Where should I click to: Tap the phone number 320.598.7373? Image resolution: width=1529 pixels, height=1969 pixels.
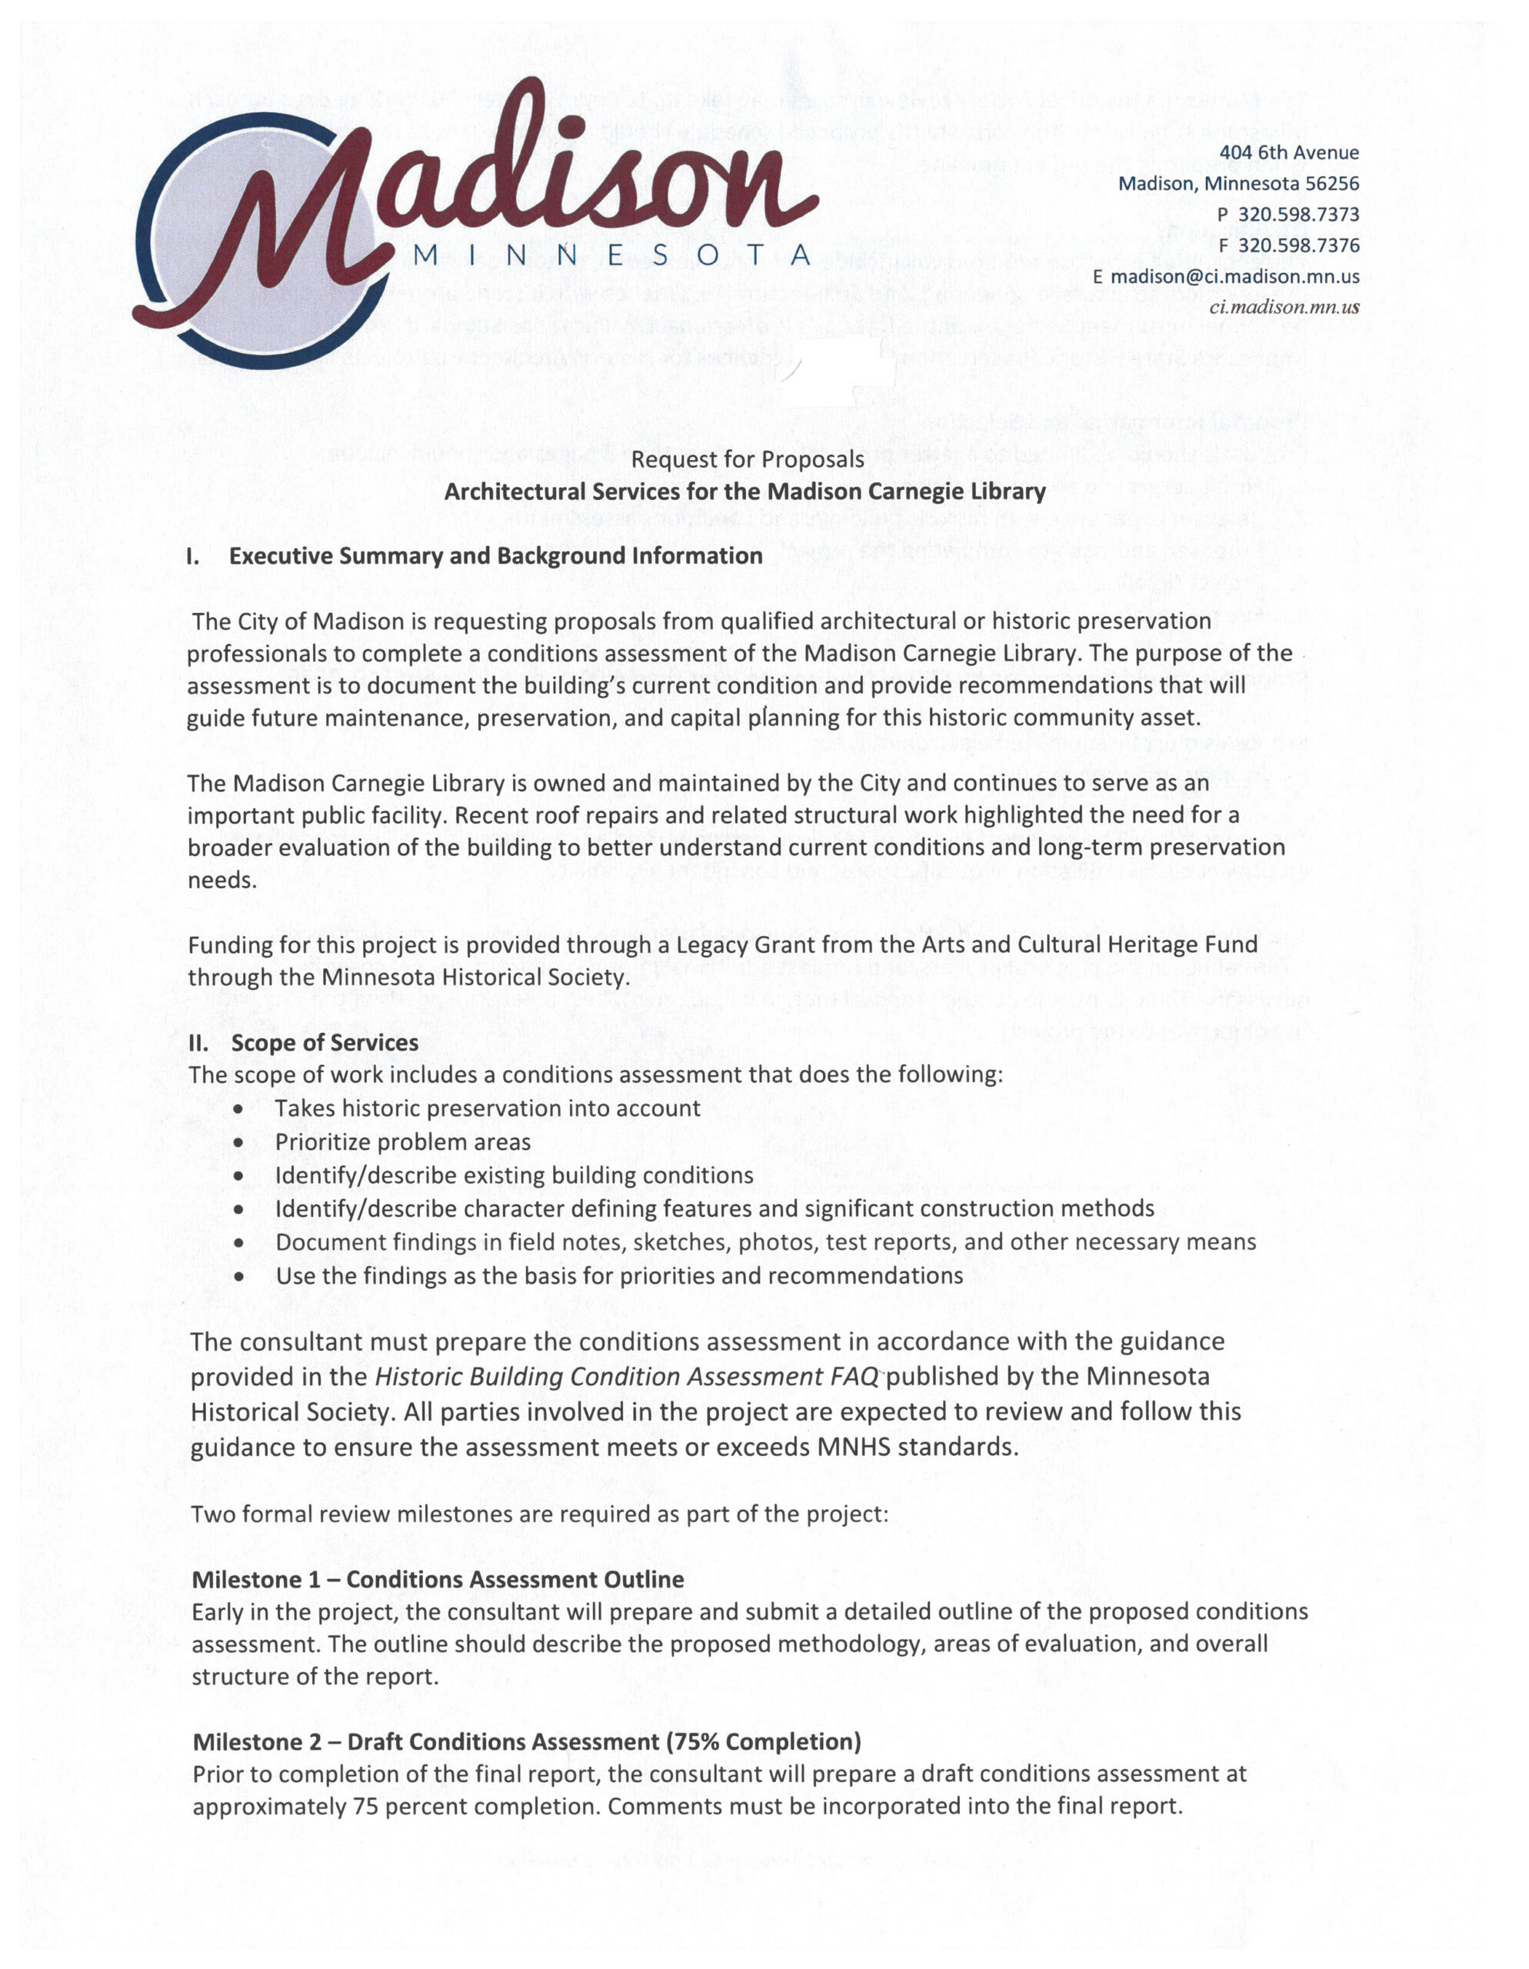point(1298,215)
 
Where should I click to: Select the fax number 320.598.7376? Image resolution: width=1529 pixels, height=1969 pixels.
point(1298,245)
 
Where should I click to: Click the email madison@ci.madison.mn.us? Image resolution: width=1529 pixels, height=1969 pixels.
point(1234,277)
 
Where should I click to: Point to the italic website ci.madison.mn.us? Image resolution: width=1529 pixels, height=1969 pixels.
point(1284,307)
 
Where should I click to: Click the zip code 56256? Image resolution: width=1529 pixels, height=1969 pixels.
point(1330,184)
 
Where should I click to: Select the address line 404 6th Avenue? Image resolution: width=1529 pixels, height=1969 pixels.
point(1288,153)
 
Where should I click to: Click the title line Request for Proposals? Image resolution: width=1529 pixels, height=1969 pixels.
point(748,460)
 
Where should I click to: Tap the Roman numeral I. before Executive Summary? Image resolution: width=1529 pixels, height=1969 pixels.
point(193,556)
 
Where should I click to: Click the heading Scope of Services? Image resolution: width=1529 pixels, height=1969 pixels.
point(325,1043)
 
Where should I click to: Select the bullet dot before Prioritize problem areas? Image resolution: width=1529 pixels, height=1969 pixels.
point(238,1143)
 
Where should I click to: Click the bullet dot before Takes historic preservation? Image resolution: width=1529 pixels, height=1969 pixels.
point(238,1110)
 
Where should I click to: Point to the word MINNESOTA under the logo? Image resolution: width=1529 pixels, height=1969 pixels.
point(612,255)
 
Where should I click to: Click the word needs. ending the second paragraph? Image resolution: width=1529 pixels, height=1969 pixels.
point(222,881)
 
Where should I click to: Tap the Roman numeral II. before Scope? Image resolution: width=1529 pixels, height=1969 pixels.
point(198,1043)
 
